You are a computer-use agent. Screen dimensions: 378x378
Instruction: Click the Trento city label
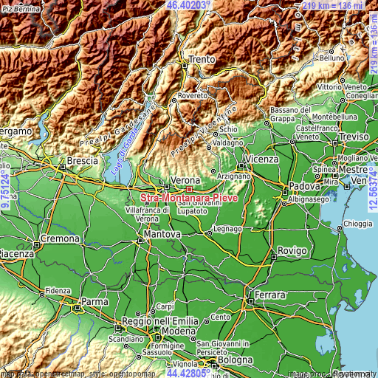[201, 59]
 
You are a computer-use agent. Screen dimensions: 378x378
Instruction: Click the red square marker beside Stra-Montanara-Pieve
[189, 189]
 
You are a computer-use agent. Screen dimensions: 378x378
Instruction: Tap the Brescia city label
[82, 161]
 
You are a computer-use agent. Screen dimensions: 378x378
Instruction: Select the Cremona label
[60, 239]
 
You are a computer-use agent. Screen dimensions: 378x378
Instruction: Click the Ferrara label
[269, 295]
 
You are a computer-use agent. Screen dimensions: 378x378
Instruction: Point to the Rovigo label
[292, 251]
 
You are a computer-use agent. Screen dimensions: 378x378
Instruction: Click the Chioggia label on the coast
[357, 223]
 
